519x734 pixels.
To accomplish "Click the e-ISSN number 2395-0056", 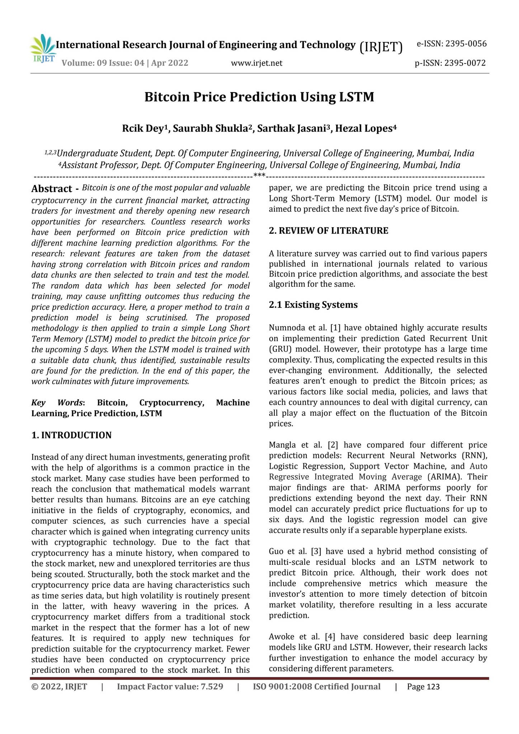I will pos(451,44).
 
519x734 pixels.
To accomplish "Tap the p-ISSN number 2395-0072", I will pos(450,63).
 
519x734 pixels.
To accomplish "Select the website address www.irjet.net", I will pos(256,63).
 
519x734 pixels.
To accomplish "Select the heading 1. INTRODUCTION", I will pos(71,435).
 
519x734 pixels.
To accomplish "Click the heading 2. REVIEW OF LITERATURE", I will pos(328,231).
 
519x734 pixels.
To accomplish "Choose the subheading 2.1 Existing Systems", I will pos(313,305).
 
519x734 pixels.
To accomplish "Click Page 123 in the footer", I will pos(423,687).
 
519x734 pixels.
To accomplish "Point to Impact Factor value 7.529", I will pos(170,687).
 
